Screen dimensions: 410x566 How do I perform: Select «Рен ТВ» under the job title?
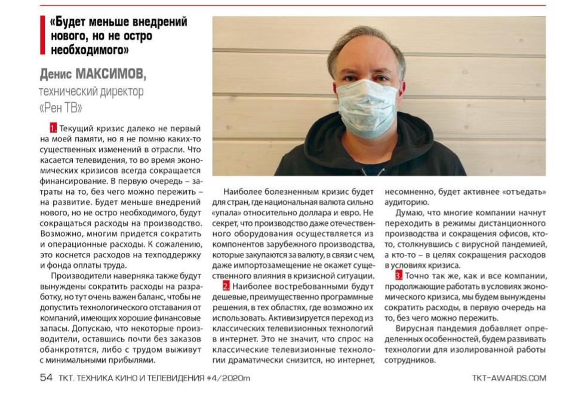coord(60,108)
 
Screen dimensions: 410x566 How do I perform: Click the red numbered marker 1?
coord(54,128)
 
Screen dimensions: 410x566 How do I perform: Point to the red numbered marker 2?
coord(226,288)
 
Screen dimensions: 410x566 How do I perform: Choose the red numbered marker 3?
coord(398,276)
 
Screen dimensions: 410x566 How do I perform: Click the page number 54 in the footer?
coord(46,378)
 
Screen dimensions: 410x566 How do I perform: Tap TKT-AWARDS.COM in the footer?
coord(509,378)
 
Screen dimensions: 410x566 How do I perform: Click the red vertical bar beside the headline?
coord(42,36)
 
